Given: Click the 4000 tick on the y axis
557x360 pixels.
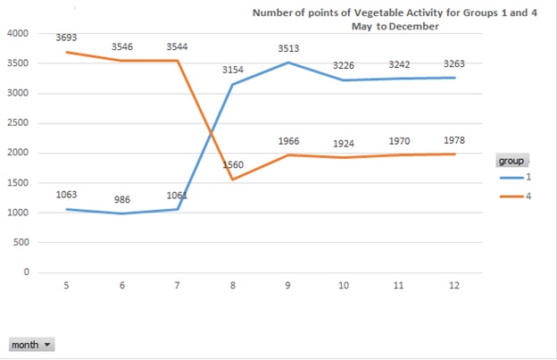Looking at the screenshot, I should pos(18,34).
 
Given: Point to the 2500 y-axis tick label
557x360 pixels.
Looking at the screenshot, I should pos(18,123).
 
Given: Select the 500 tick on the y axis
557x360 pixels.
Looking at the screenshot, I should pos(21,242).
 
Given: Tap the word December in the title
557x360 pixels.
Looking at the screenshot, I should pos(413,27).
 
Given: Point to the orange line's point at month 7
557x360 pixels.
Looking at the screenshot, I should pos(178,61).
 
